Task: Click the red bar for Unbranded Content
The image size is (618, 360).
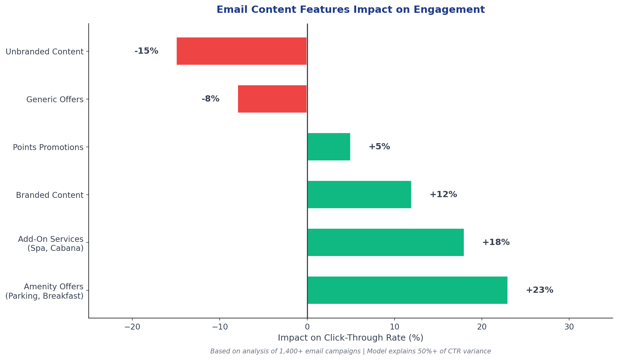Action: click(x=241, y=51)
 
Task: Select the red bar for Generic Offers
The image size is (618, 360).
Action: click(x=272, y=99)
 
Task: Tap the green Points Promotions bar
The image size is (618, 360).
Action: click(x=329, y=147)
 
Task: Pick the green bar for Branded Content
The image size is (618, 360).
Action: click(x=359, y=194)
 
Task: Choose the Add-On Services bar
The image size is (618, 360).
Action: click(x=386, y=242)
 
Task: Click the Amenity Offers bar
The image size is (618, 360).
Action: click(x=407, y=290)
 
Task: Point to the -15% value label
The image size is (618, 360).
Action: click(x=146, y=51)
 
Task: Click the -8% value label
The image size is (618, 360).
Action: click(x=210, y=99)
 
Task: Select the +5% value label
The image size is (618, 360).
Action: click(x=379, y=147)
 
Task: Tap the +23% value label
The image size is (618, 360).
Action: click(x=539, y=290)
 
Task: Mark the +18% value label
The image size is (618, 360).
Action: click(x=496, y=242)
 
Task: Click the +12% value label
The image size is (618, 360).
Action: click(x=443, y=194)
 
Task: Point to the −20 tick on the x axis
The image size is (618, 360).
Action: click(x=132, y=327)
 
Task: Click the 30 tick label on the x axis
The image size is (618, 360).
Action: click(x=569, y=327)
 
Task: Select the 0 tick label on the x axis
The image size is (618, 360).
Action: click(x=307, y=327)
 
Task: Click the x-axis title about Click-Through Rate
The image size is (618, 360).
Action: click(x=350, y=338)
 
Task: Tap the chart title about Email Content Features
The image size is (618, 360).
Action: click(x=350, y=10)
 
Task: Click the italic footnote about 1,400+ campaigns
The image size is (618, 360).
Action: click(x=350, y=351)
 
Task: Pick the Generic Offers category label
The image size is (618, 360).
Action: click(x=55, y=99)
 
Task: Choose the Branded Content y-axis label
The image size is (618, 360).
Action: click(x=50, y=195)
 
